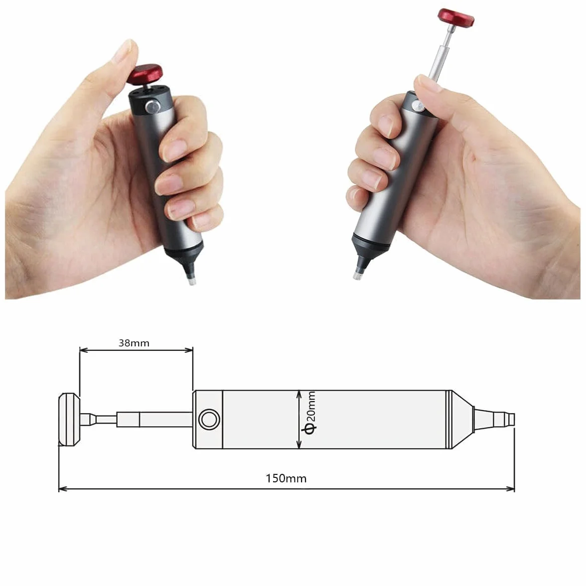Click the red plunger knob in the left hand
[x=146, y=74]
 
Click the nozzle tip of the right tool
[x=358, y=277]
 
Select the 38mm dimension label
[x=134, y=343]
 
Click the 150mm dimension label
[x=286, y=478]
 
